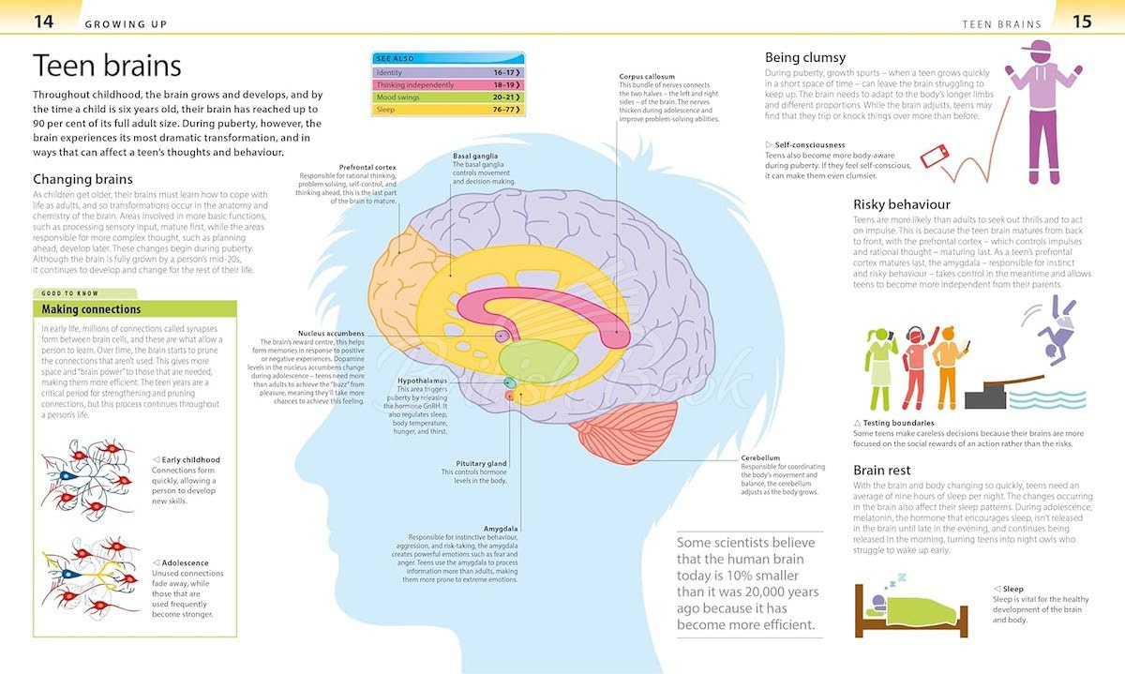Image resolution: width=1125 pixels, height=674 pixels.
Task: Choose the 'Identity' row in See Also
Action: pos(447,72)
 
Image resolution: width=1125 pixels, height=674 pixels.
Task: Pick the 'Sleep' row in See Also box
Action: pos(447,110)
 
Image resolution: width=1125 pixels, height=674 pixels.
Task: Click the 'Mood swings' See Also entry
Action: pos(447,97)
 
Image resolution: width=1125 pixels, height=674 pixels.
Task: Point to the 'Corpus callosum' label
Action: pos(647,76)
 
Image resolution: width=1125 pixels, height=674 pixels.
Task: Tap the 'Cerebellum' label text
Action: pos(760,458)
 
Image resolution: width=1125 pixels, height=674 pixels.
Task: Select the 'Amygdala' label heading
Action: pos(502,528)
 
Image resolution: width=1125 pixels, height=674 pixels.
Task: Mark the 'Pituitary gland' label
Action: pos(481,463)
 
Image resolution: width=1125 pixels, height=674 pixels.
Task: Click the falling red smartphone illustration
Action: pos(934,157)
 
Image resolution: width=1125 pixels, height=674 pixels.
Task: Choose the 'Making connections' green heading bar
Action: pos(135,308)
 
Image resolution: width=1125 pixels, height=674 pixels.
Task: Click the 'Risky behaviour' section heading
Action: pos(901,204)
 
